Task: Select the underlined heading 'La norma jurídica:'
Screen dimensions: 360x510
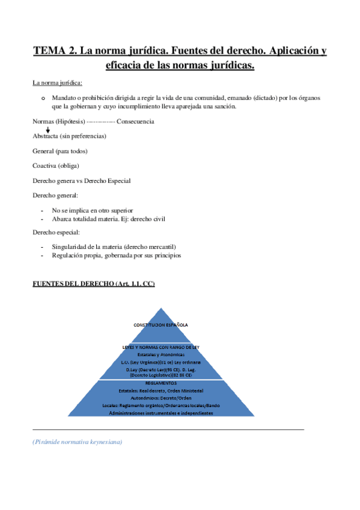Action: [58, 82]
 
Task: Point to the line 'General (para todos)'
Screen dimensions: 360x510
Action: [60, 151]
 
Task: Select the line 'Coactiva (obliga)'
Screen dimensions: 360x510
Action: [56, 165]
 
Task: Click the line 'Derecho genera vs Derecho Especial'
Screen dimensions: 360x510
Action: [81, 180]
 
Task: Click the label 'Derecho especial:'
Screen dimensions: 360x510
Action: [56, 232]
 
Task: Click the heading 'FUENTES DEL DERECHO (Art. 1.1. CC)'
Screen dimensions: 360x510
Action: [93, 284]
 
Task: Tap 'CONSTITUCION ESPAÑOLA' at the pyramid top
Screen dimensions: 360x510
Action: [160, 325]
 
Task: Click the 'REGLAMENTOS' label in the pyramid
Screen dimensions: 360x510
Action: [160, 382]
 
